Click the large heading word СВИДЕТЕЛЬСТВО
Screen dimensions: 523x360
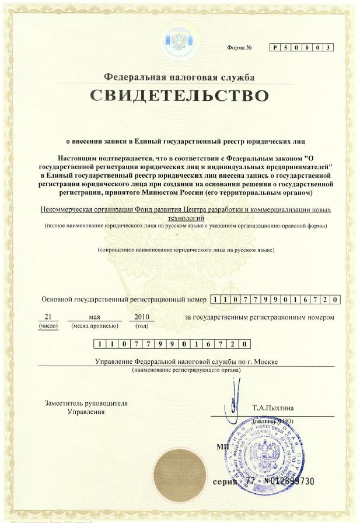click(179, 96)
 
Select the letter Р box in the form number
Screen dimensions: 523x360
click(274, 47)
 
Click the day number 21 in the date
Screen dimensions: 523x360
click(48, 317)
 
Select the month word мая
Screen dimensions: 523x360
click(95, 317)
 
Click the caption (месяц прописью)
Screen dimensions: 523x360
click(95, 325)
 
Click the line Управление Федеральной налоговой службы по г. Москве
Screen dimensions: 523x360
click(186, 361)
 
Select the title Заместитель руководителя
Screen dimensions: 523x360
click(86, 403)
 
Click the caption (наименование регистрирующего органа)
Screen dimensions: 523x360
click(186, 370)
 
